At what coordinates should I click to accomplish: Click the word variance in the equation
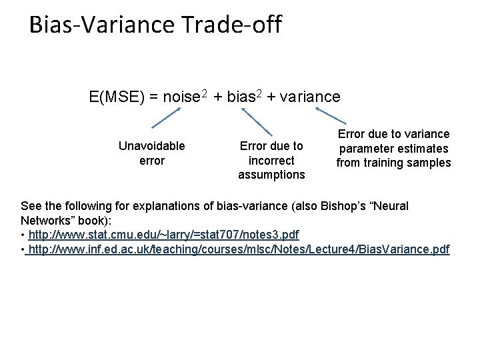310,97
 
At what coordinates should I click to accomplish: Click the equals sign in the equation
153,97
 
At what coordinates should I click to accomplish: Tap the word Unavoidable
151,145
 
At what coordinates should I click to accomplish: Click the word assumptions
271,175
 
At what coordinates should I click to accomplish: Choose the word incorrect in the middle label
271,160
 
